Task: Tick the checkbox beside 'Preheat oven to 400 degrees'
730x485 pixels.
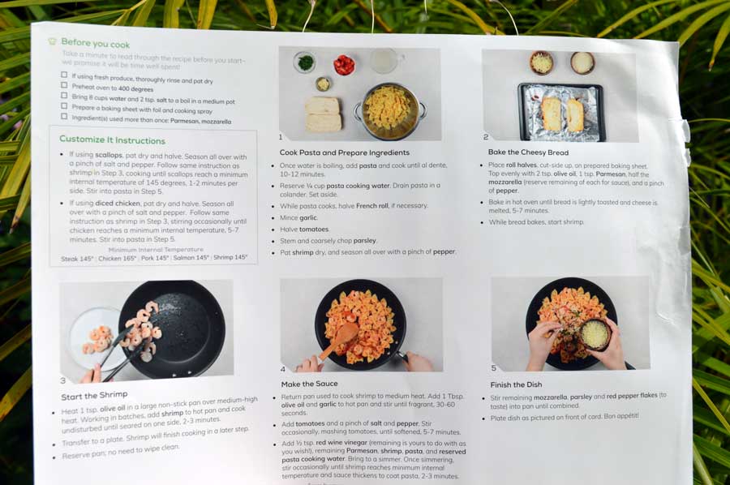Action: tap(64, 86)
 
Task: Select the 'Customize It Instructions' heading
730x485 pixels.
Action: tap(112, 139)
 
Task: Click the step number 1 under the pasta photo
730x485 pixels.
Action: tap(281, 137)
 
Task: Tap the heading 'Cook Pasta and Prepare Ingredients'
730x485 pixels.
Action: tap(344, 152)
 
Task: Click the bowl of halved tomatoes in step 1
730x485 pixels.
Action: tap(345, 65)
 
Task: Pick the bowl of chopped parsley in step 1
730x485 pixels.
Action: tap(305, 62)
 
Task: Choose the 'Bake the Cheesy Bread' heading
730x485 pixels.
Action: tap(528, 152)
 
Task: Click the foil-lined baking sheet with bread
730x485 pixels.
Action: tap(560, 111)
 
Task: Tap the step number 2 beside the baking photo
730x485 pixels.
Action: tap(486, 137)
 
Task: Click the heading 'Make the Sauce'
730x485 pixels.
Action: tap(309, 384)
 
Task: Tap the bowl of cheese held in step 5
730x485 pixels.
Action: tap(595, 334)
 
